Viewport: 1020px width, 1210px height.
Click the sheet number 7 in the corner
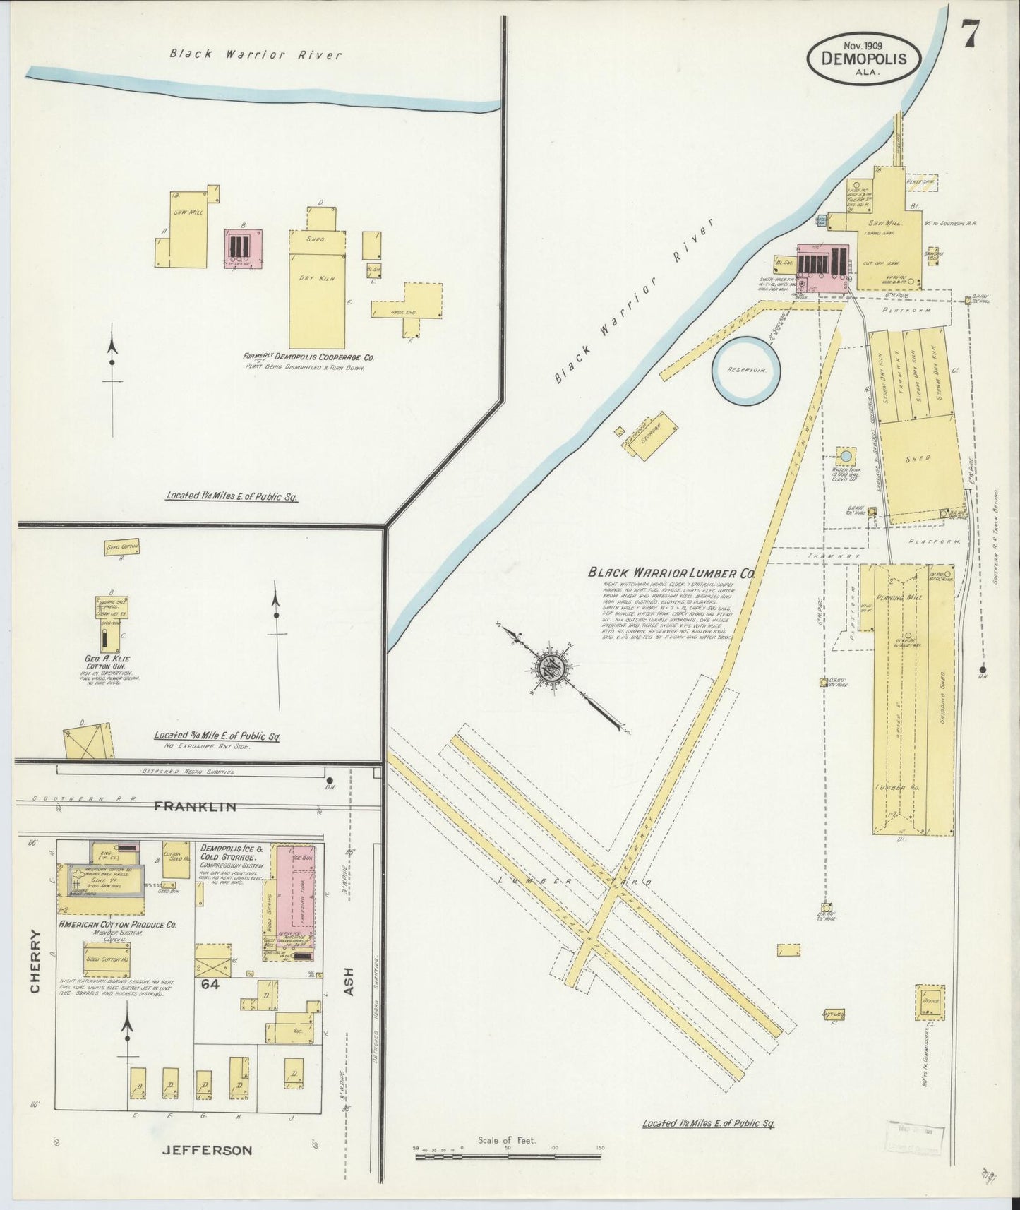972,33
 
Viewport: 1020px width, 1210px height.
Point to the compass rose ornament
550,668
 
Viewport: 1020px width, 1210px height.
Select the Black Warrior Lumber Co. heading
671,573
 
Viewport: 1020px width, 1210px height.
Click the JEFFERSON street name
207,1150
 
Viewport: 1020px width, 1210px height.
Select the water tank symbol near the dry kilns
843,455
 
